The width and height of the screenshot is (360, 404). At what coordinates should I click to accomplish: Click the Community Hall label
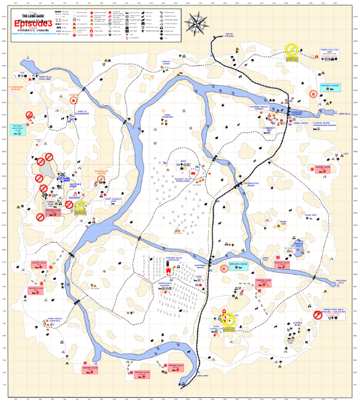269,128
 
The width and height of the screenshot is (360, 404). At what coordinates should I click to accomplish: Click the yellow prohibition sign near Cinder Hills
291,50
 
